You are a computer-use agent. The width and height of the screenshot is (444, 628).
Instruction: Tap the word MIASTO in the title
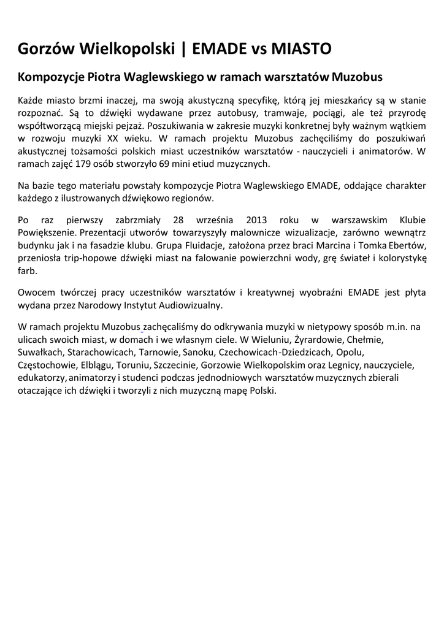click(x=297, y=48)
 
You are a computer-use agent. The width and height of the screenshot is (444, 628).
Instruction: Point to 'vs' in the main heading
click(x=250, y=48)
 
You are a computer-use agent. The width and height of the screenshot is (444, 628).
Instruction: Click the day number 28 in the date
click(x=178, y=220)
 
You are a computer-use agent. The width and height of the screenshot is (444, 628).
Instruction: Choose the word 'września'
click(x=216, y=220)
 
